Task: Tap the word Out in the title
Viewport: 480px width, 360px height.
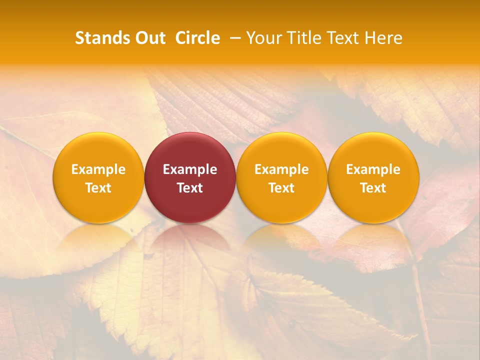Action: pyautogui.click(x=148, y=38)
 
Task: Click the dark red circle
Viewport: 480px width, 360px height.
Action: pyautogui.click(x=190, y=177)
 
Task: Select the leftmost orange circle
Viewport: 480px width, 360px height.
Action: pyautogui.click(x=98, y=177)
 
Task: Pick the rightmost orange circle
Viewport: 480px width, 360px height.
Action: pyautogui.click(x=373, y=177)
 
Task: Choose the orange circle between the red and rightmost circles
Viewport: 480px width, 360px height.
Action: pyautogui.click(x=281, y=177)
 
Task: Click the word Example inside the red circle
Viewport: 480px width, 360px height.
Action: pyautogui.click(x=190, y=169)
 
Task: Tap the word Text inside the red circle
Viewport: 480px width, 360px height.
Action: pyautogui.click(x=190, y=188)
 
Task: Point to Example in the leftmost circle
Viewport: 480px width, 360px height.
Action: pyautogui.click(x=98, y=169)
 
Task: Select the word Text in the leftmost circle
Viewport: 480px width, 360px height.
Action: pyautogui.click(x=98, y=188)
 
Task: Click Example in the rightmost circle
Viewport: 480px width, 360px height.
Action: pyautogui.click(x=373, y=169)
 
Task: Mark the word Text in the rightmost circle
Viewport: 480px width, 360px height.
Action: pyautogui.click(x=373, y=188)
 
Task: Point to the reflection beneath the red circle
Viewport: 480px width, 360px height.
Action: pyautogui.click(x=190, y=240)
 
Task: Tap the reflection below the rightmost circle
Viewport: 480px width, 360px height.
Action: pyautogui.click(x=373, y=240)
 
